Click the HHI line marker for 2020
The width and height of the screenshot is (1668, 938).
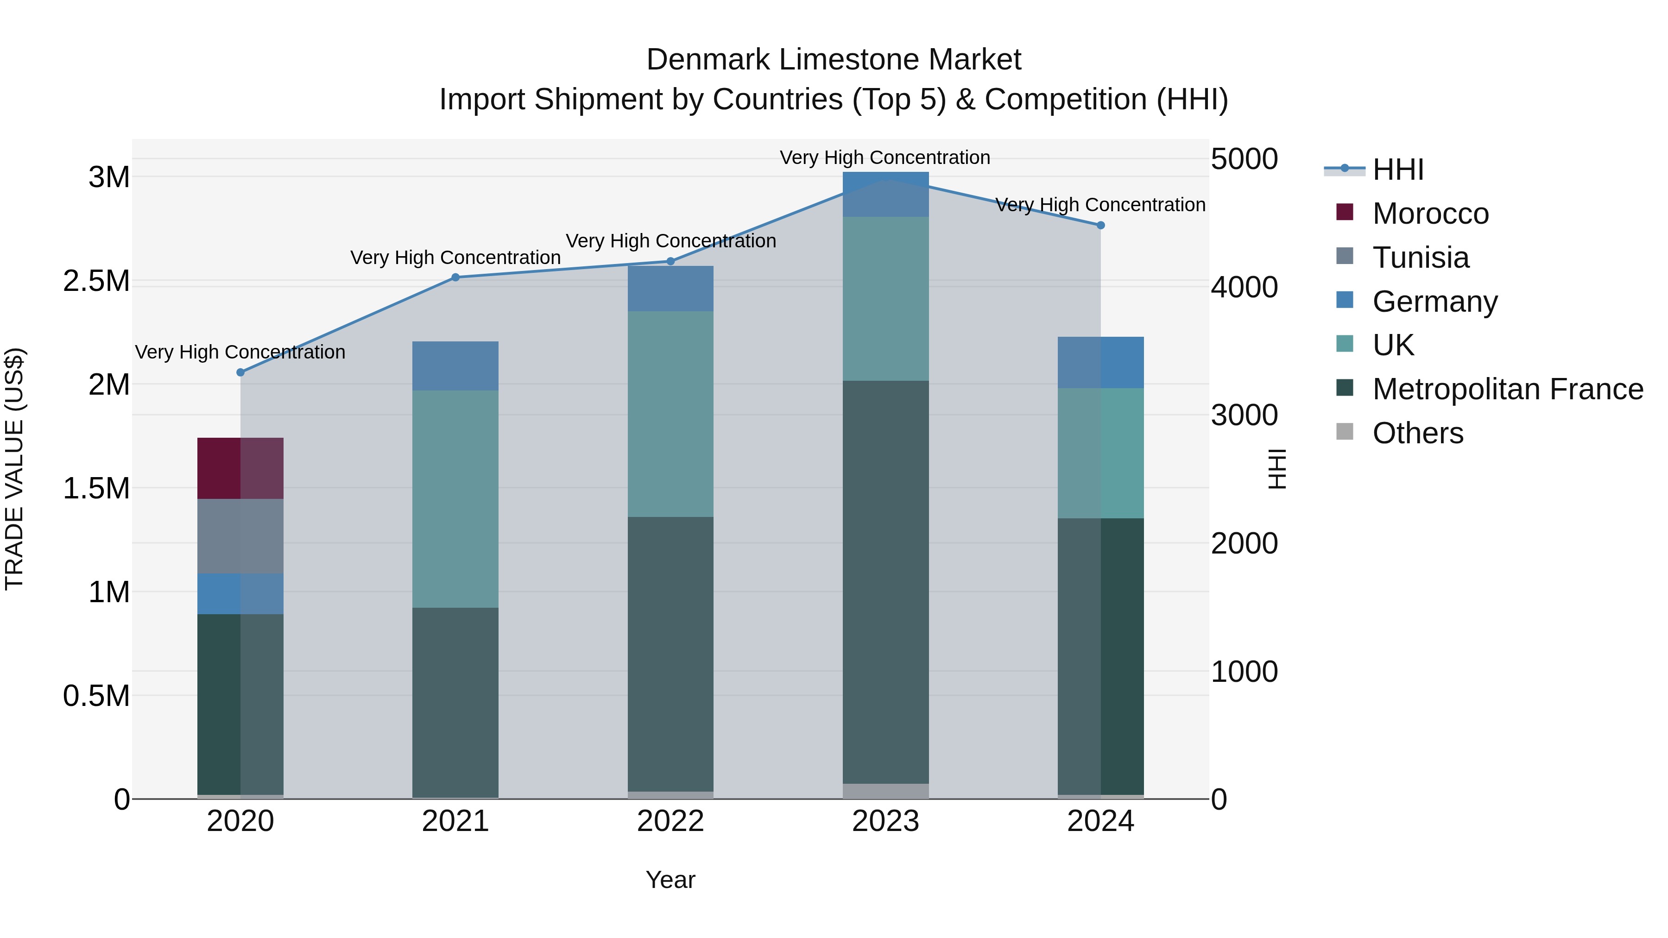[x=240, y=372]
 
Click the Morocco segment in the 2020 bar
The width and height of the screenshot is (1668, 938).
[x=240, y=468]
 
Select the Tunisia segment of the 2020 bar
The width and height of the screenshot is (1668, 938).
[x=240, y=536]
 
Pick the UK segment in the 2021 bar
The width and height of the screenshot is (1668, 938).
[x=455, y=498]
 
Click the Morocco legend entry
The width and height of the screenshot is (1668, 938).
[x=1430, y=214]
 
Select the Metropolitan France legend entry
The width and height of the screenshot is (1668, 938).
[x=1507, y=389]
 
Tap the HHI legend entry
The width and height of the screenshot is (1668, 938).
[x=1397, y=170]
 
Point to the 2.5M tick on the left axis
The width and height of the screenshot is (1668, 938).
[x=96, y=281]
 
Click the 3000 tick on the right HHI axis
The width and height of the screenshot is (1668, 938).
[x=1244, y=415]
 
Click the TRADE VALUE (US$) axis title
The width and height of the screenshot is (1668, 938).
[x=14, y=469]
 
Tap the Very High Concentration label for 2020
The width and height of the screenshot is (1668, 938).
[x=240, y=352]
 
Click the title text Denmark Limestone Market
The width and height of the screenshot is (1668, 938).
[x=834, y=60]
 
